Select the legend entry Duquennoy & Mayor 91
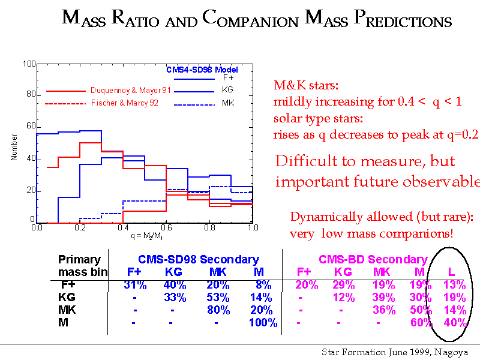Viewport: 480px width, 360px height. [131, 90]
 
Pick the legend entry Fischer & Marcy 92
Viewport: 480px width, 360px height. [125, 103]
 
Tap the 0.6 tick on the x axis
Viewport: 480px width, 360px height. [166, 228]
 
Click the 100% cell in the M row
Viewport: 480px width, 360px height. [263, 323]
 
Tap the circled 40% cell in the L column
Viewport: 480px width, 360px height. [455, 323]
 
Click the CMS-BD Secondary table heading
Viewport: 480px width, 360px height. [373, 260]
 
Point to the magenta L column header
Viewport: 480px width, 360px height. [452, 273]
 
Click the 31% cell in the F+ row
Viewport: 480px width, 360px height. [135, 285]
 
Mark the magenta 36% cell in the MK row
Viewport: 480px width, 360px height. [383, 310]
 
